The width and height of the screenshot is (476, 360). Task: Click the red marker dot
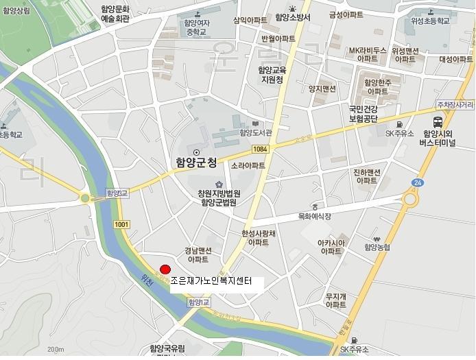(x=165, y=269)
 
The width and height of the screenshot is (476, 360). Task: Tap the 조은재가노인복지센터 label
(x=211, y=280)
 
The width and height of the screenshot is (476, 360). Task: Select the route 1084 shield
(x=259, y=148)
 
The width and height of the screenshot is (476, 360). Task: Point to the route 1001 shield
(x=121, y=224)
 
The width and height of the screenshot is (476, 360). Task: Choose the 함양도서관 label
(x=256, y=132)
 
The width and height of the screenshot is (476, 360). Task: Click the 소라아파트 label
(x=248, y=166)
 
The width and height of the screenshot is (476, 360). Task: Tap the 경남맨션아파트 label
(x=198, y=255)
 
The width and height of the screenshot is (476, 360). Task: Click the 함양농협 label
(x=377, y=247)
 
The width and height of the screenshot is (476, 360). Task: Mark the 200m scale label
(x=56, y=350)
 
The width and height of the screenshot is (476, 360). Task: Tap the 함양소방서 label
(x=293, y=18)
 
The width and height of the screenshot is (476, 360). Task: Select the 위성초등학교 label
(x=430, y=21)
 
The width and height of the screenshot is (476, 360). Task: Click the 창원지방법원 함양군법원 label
(x=219, y=197)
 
